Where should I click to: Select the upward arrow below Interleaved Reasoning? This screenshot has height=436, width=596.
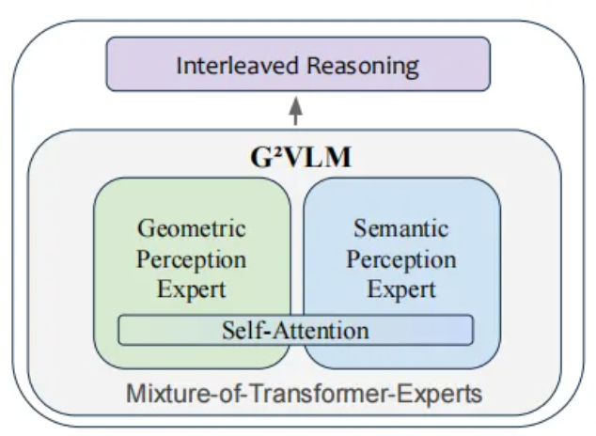pyautogui.click(x=297, y=110)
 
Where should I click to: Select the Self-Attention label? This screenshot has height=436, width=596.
pyautogui.click(x=295, y=330)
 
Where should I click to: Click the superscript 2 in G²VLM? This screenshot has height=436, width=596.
pyautogui.click(x=270, y=150)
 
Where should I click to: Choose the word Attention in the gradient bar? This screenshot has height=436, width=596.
pyautogui.click(x=314, y=330)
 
